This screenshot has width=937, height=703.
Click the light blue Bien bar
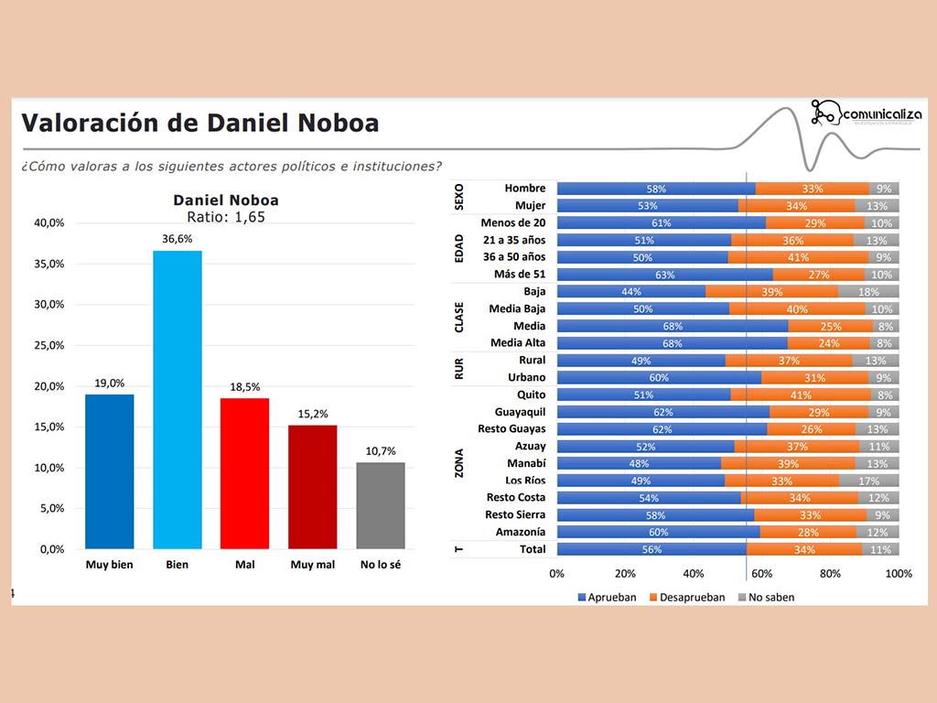pyautogui.click(x=178, y=399)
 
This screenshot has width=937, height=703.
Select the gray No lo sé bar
pyautogui.click(x=381, y=505)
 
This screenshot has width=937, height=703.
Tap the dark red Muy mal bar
pyautogui.click(x=313, y=487)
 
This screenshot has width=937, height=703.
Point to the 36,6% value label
pyautogui.click(x=178, y=240)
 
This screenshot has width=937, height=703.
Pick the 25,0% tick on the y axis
pyautogui.click(x=49, y=345)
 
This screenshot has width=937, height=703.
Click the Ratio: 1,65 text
pyautogui.click(x=226, y=217)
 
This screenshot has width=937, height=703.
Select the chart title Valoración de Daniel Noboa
pyautogui.click(x=199, y=124)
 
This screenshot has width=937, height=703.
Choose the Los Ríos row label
pyautogui.click(x=525, y=481)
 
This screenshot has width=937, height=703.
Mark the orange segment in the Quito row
pyautogui.click(x=801, y=395)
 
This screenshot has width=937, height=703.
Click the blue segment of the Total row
pyautogui.click(x=651, y=549)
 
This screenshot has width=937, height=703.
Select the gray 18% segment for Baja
pyautogui.click(x=868, y=291)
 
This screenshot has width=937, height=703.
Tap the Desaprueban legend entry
pyautogui.click(x=685, y=598)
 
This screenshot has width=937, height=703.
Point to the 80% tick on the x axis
pyautogui.click(x=830, y=574)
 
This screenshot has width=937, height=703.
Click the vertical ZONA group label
pyautogui.click(x=459, y=463)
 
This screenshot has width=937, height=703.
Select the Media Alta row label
pyautogui.click(x=518, y=343)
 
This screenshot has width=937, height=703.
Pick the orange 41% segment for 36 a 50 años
pyautogui.click(x=797, y=257)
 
